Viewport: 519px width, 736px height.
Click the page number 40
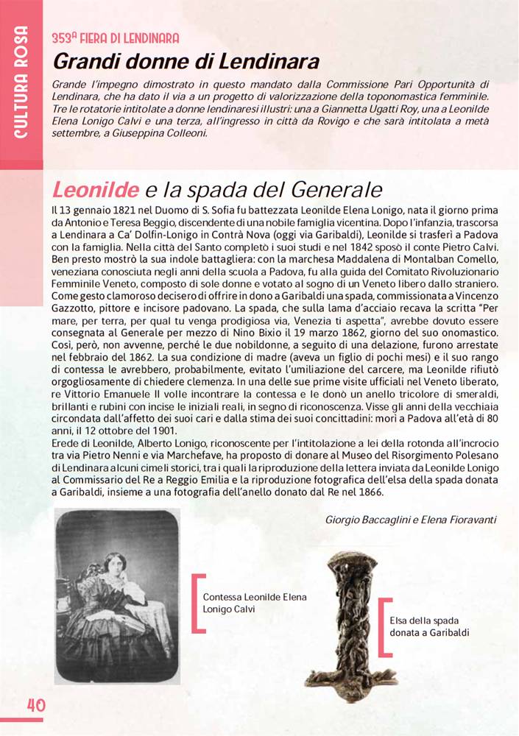click(36, 704)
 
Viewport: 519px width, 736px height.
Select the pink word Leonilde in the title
click(95, 190)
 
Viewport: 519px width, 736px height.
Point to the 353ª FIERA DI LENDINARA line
click(116, 38)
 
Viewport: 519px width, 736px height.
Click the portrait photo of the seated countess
click(118, 596)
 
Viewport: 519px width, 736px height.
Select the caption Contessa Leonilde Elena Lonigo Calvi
click(255, 603)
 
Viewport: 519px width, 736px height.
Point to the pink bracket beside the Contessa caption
click(197, 603)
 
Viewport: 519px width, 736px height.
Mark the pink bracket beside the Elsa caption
click(381, 626)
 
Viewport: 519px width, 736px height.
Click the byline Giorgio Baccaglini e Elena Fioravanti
click(411, 519)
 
